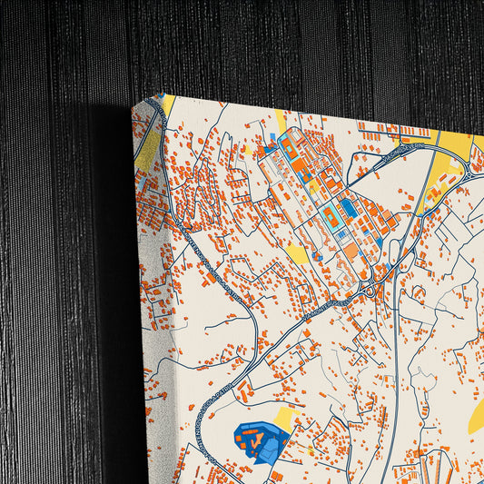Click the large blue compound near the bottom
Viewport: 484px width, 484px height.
260,441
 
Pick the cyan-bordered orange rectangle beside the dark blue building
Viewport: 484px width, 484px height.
330,215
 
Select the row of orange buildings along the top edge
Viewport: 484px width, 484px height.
390,128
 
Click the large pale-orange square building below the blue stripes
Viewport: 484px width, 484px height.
351,250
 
